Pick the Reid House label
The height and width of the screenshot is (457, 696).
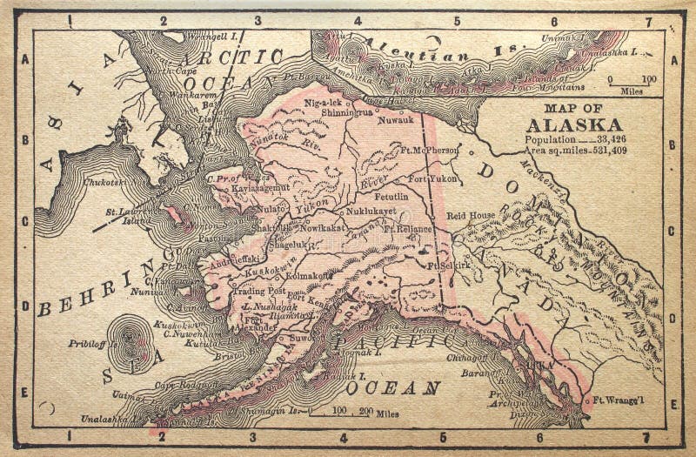471,215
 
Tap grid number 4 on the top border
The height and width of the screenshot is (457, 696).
357,20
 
